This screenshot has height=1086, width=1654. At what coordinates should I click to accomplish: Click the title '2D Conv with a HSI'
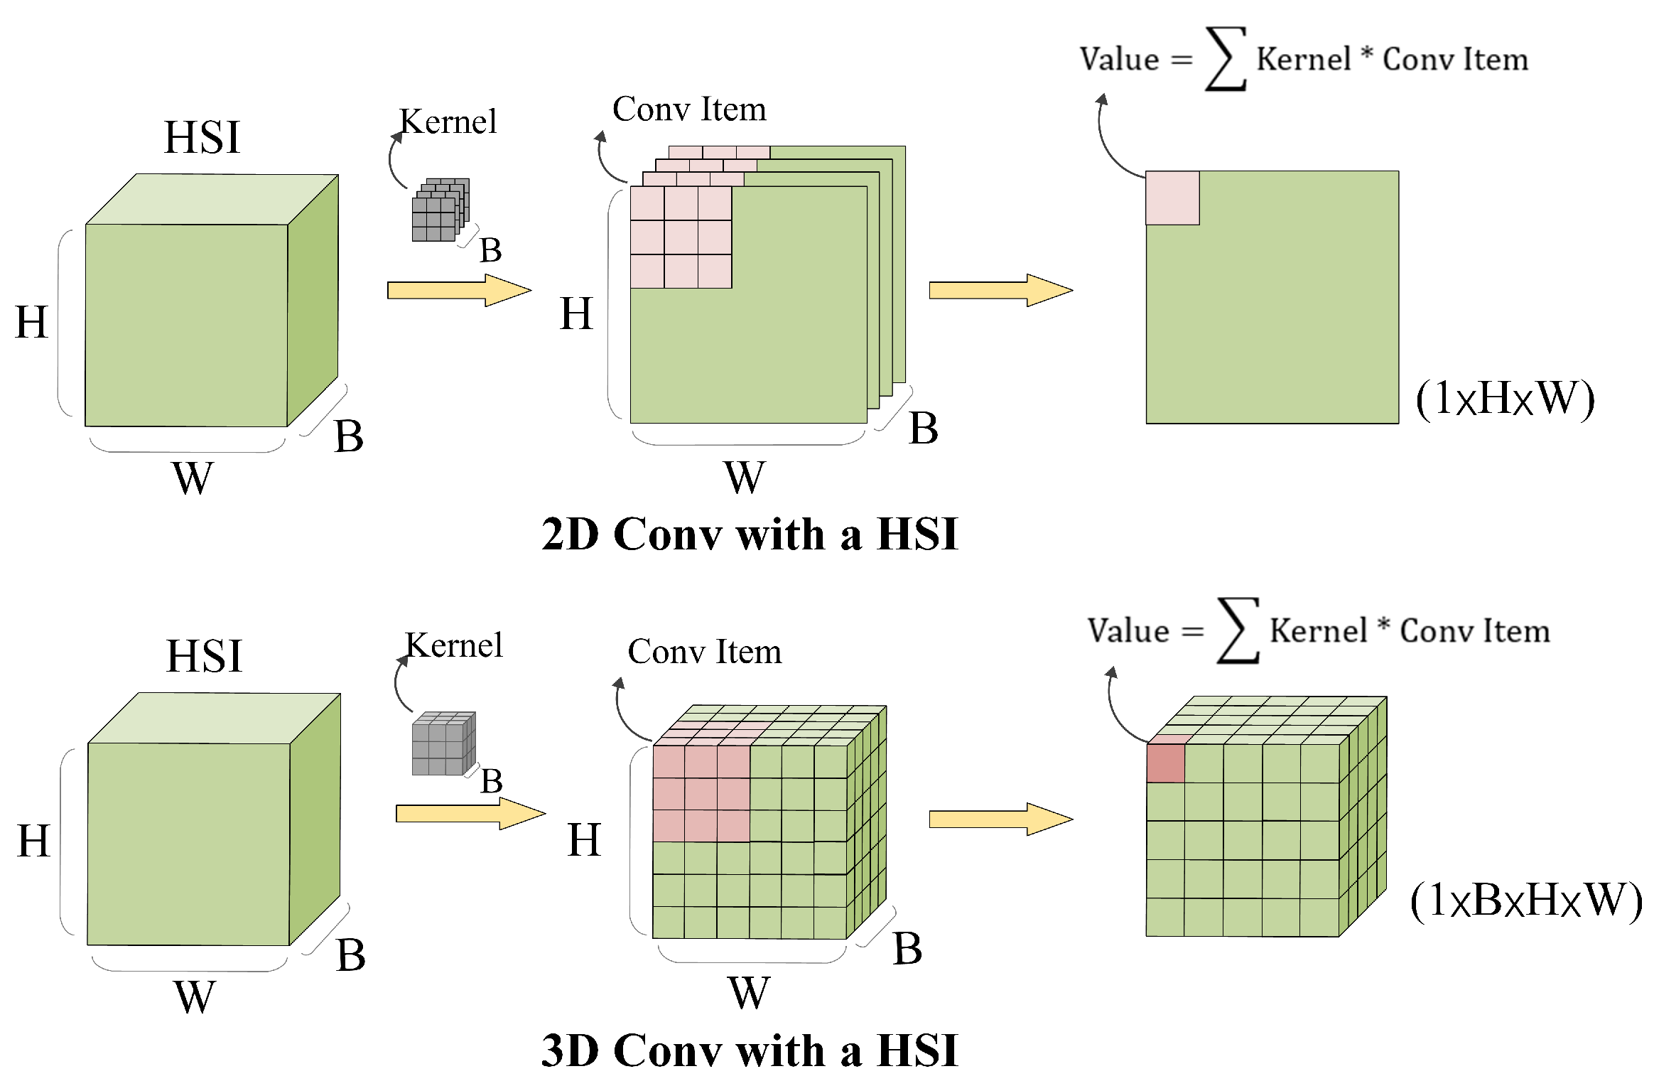coord(750,534)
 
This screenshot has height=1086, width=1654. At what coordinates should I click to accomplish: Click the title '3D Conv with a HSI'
coord(750,1050)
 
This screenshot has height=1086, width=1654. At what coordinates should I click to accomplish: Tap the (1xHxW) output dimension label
coord(1505,398)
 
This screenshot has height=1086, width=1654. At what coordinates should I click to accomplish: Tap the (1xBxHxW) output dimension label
coord(1525,900)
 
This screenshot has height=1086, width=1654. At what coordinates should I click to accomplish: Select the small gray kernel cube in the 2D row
coord(440,211)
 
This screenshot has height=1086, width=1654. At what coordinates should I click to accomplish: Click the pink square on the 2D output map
coord(1172,198)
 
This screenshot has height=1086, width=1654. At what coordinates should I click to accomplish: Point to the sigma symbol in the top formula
coord(1226,59)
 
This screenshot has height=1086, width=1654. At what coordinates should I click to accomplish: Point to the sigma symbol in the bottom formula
coord(1238,631)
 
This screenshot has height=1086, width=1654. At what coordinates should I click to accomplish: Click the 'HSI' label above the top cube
coord(202,137)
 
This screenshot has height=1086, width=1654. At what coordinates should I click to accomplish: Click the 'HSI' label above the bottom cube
coord(205,656)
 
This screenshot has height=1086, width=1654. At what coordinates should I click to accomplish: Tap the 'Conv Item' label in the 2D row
coord(689,109)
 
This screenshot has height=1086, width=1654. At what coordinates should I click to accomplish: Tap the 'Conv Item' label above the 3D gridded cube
coord(704,652)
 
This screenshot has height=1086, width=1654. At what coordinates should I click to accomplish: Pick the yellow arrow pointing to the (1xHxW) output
coord(1000,290)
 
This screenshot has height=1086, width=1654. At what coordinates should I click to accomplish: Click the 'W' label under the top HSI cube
coord(192,478)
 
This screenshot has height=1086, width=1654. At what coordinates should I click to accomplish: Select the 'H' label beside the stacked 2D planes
coord(575,313)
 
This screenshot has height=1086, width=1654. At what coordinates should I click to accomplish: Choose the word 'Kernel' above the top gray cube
coord(448,122)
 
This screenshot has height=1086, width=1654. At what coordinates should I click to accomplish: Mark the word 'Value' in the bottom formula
coord(1128,631)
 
